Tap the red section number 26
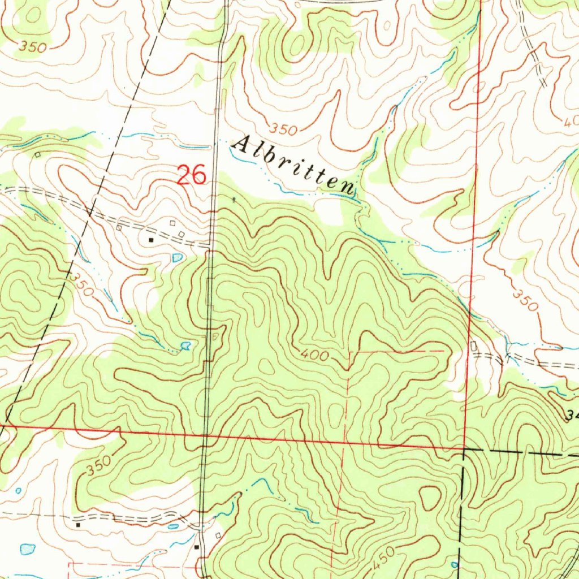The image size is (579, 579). click(x=191, y=175)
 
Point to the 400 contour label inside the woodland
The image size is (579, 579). click(x=313, y=356)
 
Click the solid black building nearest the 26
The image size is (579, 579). click(x=151, y=240)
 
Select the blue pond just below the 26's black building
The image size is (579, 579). click(x=178, y=258)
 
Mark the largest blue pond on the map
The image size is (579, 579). click(x=27, y=548)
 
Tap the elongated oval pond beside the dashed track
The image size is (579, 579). click(x=173, y=526)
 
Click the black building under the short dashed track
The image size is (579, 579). click(x=78, y=525)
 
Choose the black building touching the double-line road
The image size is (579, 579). click(x=197, y=547)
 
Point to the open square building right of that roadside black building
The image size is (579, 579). click(x=217, y=535)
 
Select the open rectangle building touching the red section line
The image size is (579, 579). click(x=473, y=345)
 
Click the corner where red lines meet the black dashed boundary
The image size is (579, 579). click(x=464, y=449)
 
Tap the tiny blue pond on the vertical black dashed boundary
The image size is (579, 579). click(x=455, y=564)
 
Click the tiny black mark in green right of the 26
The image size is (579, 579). click(x=235, y=198)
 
